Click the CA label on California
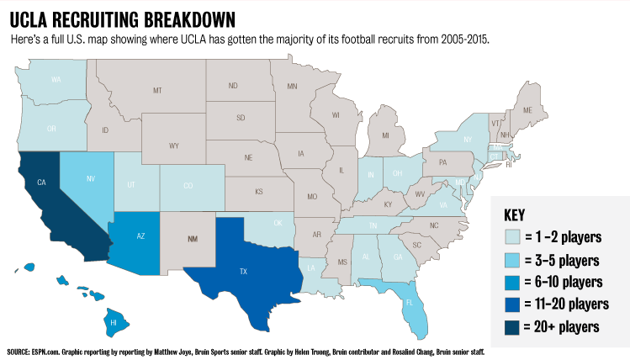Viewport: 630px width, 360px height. (41, 182)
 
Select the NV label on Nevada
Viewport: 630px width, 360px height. (91, 178)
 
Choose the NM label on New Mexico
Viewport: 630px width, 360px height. (193, 239)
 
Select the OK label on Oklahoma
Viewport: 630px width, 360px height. (278, 223)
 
